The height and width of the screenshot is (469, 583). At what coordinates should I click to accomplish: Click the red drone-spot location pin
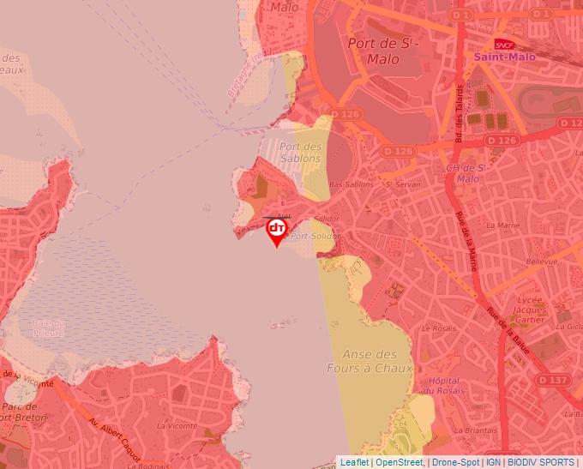(x=277, y=230)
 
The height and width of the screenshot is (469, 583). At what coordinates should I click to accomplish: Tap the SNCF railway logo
(x=504, y=45)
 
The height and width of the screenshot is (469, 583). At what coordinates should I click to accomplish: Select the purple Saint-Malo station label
(x=505, y=57)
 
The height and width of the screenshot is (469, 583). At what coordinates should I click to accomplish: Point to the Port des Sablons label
(x=301, y=152)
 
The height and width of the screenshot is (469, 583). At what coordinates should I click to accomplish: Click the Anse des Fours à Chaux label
(x=370, y=361)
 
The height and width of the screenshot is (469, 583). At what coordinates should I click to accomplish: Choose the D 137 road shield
(x=554, y=379)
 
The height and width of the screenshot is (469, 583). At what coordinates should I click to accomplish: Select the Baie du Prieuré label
(x=48, y=328)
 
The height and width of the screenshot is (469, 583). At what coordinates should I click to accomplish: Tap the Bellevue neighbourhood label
(x=541, y=262)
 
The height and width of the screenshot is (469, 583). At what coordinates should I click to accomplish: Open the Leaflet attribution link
(x=354, y=462)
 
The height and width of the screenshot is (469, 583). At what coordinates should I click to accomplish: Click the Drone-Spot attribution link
(x=455, y=462)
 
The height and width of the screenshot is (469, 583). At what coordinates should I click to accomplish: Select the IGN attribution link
(x=494, y=462)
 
